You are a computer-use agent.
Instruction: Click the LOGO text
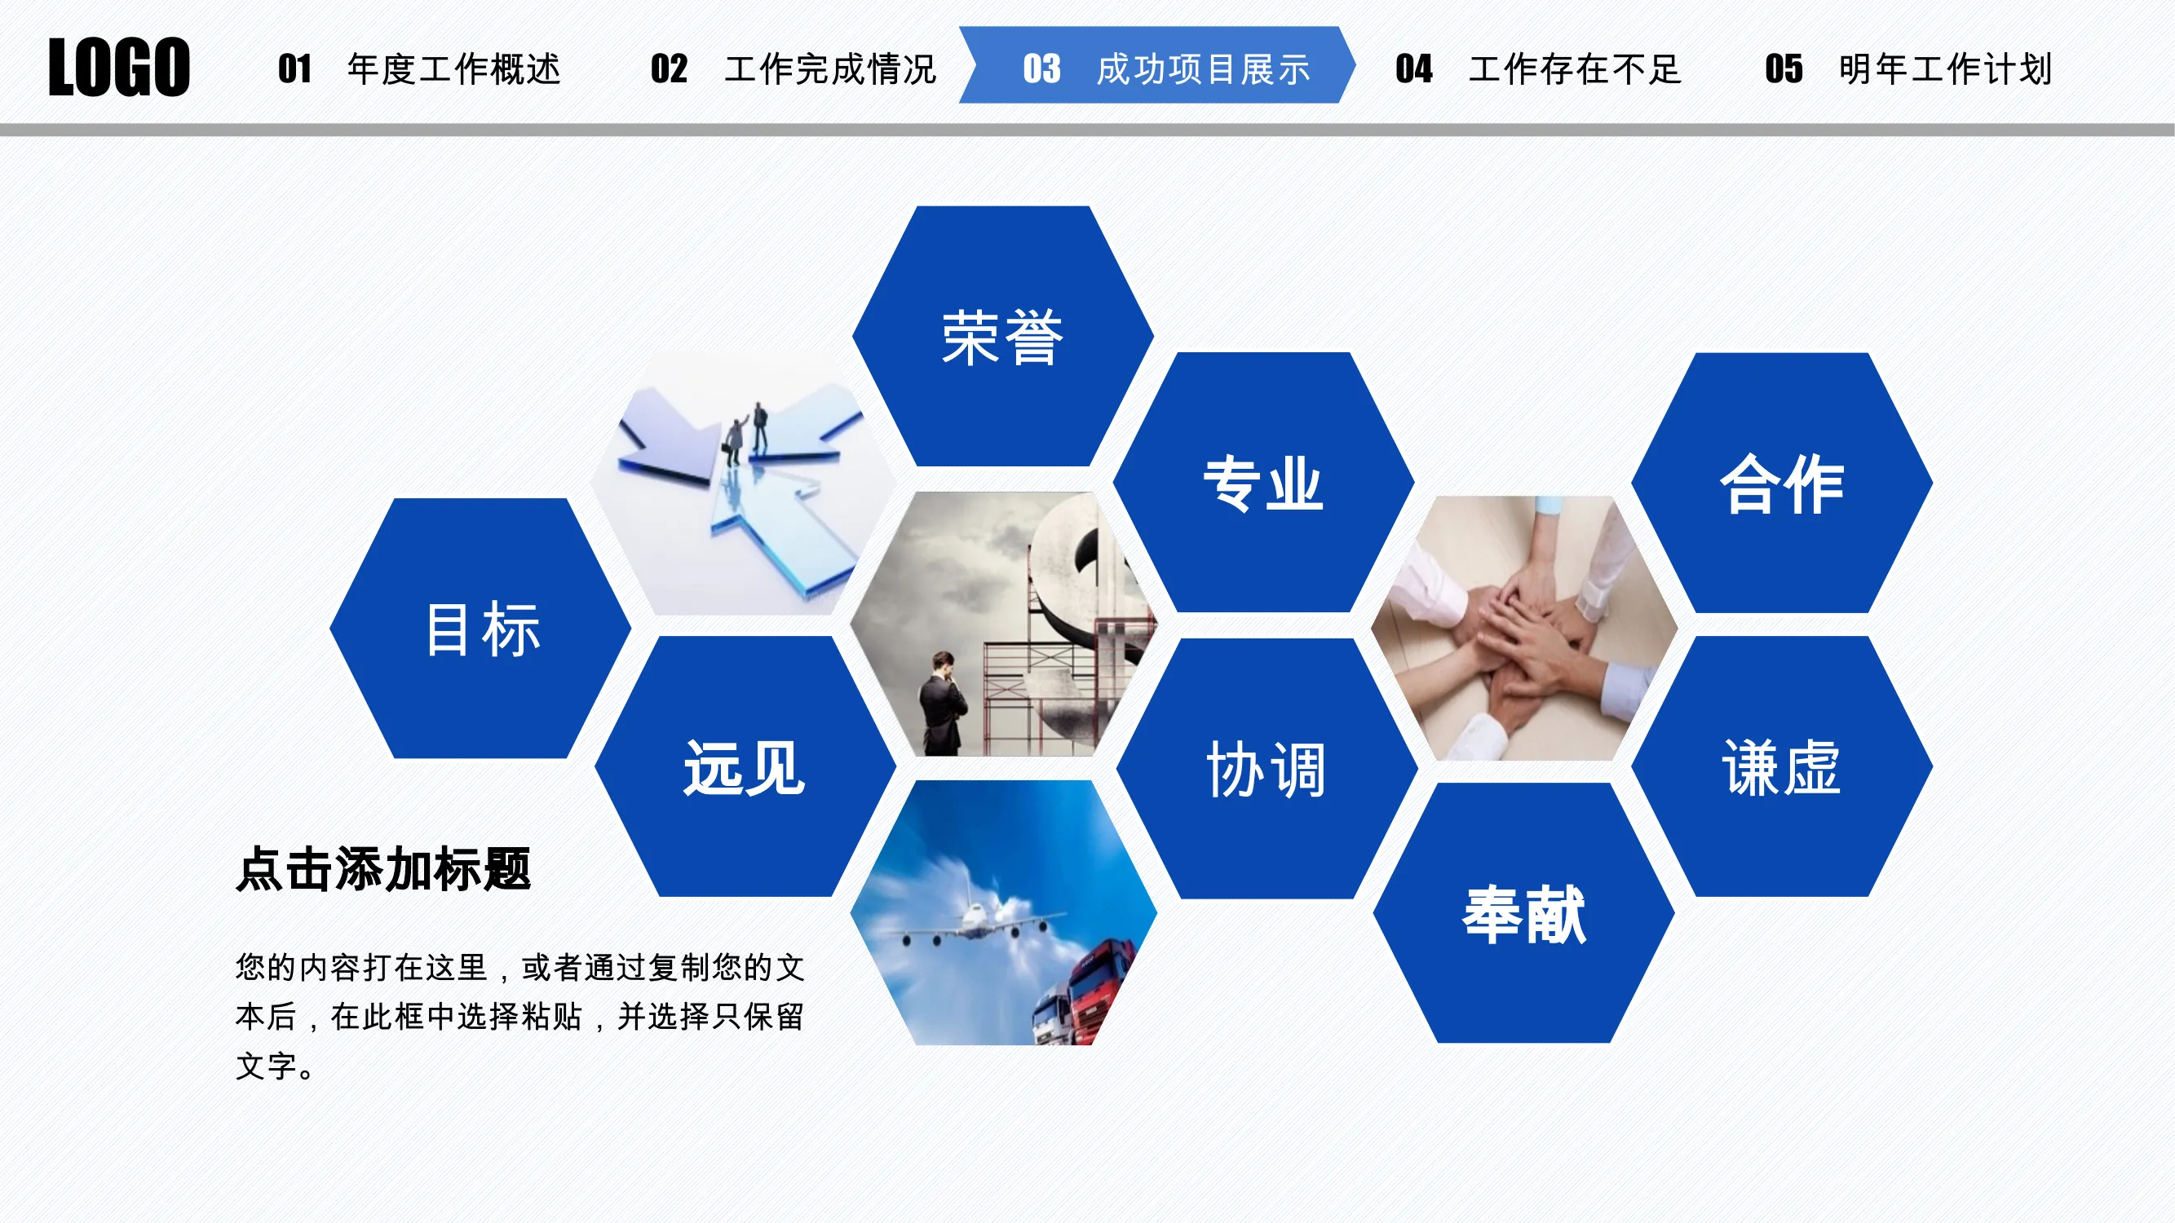coord(119,67)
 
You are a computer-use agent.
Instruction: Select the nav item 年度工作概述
coord(454,68)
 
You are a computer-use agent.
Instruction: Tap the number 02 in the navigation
coord(669,68)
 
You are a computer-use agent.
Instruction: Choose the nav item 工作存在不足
coord(1576,68)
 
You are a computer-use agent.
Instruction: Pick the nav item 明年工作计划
coord(1945,68)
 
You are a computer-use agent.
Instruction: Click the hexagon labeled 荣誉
coord(1003,336)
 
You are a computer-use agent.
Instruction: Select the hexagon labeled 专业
coord(1263,482)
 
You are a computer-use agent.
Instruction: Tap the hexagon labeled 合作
coord(1782,483)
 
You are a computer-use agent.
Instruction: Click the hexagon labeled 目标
coord(480,628)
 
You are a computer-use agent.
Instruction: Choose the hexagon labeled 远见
coord(745,766)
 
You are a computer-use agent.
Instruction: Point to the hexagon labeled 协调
coord(1267,768)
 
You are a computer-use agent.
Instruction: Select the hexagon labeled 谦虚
coord(1782,766)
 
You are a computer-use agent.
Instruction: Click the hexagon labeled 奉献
coord(1524,913)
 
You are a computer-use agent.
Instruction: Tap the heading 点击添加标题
coord(383,869)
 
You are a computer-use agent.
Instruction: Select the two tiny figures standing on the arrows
coord(746,433)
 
